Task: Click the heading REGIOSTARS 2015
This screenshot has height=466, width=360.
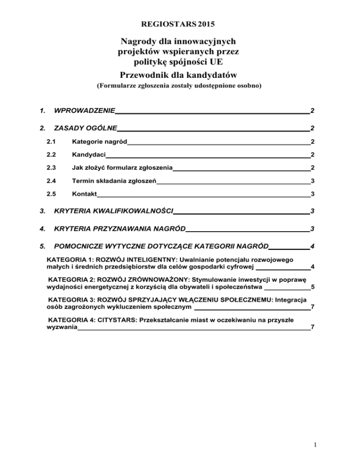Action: (x=180, y=23)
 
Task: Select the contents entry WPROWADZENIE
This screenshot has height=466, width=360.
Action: (x=85, y=111)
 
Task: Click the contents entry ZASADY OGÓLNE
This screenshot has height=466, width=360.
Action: (x=86, y=128)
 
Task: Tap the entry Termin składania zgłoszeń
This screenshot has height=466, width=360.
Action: (x=114, y=181)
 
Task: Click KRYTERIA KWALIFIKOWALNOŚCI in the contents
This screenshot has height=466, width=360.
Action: (x=114, y=211)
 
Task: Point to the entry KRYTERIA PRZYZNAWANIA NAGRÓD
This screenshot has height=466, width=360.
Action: (x=120, y=229)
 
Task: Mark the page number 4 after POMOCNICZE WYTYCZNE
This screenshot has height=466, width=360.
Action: (x=312, y=246)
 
